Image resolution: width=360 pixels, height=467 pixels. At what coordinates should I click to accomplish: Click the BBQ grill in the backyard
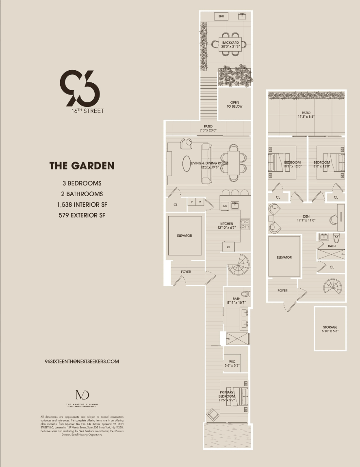[221, 16]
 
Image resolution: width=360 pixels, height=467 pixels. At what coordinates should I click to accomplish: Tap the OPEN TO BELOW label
[234, 104]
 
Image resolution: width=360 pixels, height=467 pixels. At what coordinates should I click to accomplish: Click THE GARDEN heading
[82, 166]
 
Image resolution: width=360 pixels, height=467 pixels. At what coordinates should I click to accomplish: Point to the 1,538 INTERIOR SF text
[82, 205]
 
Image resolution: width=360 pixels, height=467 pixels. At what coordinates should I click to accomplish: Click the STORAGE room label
[330, 329]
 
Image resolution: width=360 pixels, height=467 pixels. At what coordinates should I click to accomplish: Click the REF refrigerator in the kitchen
[228, 246]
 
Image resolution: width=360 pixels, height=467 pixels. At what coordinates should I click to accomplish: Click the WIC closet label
[232, 363]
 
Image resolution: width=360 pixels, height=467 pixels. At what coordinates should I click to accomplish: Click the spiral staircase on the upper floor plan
[333, 286]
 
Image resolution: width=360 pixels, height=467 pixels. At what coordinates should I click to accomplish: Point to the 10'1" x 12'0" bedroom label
[292, 164]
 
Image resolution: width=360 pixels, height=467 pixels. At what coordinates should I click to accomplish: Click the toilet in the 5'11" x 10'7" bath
[245, 294]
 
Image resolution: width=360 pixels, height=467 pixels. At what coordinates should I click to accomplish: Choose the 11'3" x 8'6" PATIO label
[306, 115]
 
